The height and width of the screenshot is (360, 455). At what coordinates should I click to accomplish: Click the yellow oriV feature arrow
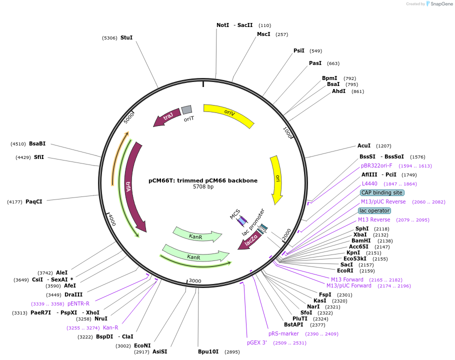click(229, 115)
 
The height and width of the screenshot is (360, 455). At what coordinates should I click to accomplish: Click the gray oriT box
click(186, 109)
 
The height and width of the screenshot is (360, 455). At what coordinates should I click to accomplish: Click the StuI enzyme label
click(126, 37)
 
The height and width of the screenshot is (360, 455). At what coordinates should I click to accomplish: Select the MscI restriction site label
click(263, 34)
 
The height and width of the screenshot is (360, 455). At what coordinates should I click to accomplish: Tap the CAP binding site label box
click(382, 192)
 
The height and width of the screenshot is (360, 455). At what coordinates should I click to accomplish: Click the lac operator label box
click(374, 210)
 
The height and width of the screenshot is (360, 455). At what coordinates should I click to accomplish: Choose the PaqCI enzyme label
click(34, 202)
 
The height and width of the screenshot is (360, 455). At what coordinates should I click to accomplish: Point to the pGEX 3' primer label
click(257, 342)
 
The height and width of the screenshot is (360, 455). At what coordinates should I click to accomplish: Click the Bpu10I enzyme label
click(208, 351)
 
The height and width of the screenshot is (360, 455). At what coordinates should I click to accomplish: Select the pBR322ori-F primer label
click(376, 165)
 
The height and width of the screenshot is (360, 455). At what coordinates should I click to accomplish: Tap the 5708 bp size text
click(203, 187)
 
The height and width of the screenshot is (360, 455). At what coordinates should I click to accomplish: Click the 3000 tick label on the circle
click(195, 281)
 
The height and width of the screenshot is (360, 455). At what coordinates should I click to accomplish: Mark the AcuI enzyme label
click(364, 145)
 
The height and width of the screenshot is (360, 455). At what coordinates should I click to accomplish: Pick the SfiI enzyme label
click(39, 157)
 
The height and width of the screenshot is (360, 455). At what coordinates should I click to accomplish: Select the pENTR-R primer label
click(78, 303)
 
